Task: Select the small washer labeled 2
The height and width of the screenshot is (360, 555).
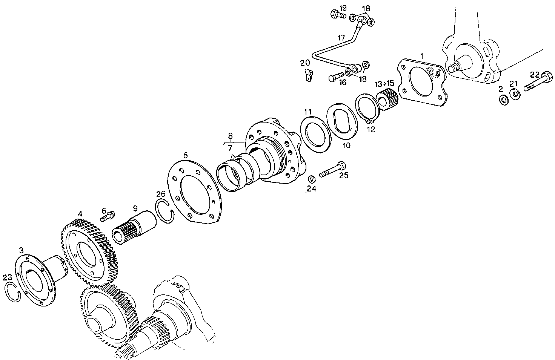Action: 503,100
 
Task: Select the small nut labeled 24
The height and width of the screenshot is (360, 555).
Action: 312,178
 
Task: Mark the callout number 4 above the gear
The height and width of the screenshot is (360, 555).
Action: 80,214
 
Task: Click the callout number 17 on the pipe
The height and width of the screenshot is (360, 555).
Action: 341,38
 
